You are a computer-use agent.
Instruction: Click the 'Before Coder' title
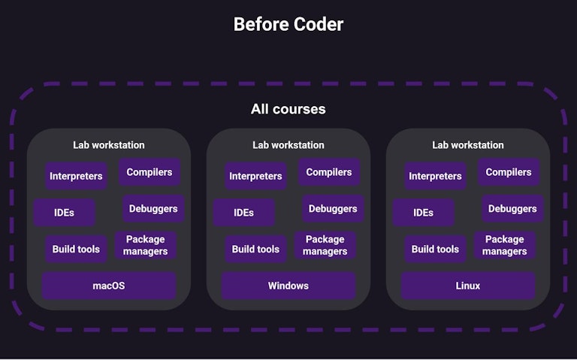coord(288,24)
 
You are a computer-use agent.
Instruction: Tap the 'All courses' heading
coord(288,109)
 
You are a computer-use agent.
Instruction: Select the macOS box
coord(109,286)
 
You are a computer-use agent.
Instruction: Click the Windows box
coord(288,286)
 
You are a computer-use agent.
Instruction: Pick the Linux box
coord(467,286)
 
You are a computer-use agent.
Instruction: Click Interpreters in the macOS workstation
coord(76,176)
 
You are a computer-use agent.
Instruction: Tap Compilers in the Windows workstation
coord(329,172)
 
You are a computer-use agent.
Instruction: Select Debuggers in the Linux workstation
coord(512,208)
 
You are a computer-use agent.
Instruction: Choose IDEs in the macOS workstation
coord(65,213)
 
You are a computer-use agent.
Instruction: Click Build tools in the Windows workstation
coord(255,249)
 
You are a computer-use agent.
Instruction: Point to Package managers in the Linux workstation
coord(504,245)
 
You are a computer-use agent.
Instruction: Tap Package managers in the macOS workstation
coord(145,245)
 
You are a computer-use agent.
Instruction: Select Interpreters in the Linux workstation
coord(435,176)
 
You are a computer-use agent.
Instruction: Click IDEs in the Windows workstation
coord(243,213)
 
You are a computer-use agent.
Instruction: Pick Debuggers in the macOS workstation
coord(153,208)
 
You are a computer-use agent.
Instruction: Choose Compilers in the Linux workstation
coord(509,172)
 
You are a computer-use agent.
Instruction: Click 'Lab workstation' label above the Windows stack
coord(288,145)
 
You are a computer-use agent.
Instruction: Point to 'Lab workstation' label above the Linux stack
coord(467,145)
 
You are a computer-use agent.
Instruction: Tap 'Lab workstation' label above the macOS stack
coord(109,145)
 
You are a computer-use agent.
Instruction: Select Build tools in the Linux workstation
coord(435,249)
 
